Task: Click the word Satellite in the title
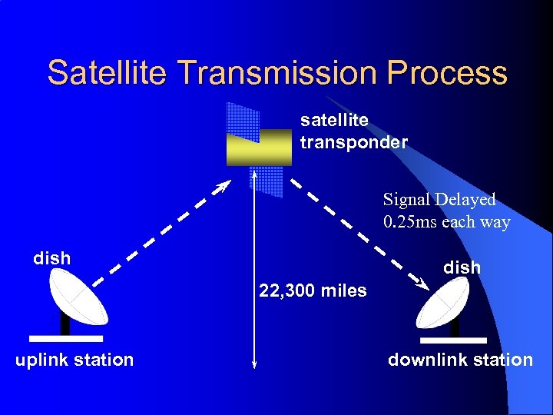(x=108, y=73)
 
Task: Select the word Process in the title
(x=447, y=73)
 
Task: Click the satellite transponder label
(x=353, y=131)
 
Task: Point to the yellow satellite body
(x=259, y=148)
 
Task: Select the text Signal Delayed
(x=439, y=200)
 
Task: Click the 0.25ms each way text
(x=445, y=222)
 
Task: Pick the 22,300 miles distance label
(x=313, y=290)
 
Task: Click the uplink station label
(x=75, y=360)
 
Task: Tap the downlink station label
(x=460, y=360)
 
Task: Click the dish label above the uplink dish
(x=52, y=258)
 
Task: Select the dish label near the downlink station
(x=462, y=267)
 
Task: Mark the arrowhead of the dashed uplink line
(x=224, y=186)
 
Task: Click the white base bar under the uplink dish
(x=65, y=337)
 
